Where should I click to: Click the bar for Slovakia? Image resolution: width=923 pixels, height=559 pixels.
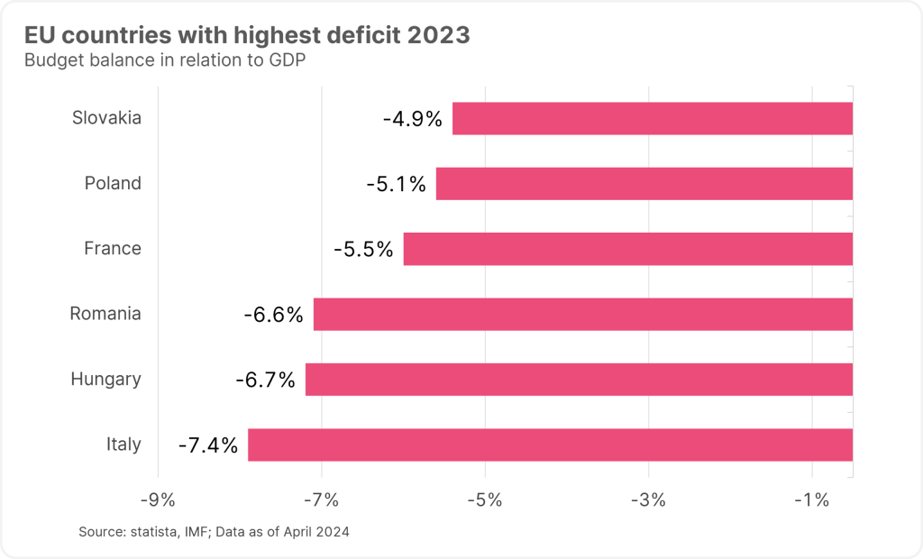(x=652, y=118)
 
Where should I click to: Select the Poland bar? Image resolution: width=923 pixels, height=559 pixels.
(x=644, y=184)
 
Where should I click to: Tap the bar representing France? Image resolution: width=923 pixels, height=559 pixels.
(x=627, y=249)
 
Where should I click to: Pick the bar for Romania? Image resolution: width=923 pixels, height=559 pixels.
(x=582, y=314)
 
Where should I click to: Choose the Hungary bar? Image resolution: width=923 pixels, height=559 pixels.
(x=579, y=380)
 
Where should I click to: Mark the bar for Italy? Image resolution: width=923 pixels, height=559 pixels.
(x=550, y=444)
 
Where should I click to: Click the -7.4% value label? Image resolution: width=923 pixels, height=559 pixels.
(x=208, y=444)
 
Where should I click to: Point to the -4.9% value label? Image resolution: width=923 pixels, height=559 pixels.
(x=412, y=118)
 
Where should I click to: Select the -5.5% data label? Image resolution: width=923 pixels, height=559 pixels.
(x=363, y=249)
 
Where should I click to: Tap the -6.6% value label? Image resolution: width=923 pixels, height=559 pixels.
(x=273, y=315)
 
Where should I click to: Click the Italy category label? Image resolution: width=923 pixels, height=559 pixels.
(x=123, y=444)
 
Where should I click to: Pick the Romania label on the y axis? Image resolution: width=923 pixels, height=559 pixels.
(x=105, y=314)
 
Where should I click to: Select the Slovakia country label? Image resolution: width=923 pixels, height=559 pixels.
(x=106, y=118)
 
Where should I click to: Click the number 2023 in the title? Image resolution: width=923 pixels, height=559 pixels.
(x=438, y=36)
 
